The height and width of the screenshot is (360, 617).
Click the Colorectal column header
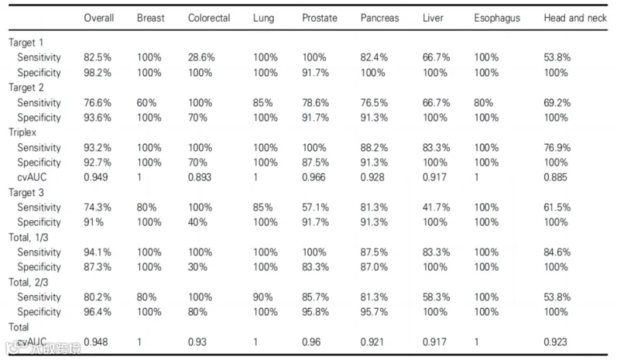point(209,18)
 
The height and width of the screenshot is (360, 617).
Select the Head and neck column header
point(575,18)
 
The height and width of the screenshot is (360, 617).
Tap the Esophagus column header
point(497,18)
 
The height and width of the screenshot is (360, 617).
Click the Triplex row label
point(23,132)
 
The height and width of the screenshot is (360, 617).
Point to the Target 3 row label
point(26,193)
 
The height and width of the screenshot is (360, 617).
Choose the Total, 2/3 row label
point(28,282)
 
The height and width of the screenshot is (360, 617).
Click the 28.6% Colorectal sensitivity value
point(202,58)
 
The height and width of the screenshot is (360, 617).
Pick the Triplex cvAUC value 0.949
point(95,178)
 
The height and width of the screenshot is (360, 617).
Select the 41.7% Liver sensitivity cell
point(436,207)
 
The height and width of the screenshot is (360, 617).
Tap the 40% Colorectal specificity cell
point(197,222)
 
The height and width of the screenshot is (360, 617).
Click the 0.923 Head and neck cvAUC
point(555,342)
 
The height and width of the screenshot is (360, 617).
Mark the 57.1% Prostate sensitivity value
point(315,207)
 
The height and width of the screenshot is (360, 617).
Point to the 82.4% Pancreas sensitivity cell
point(374,58)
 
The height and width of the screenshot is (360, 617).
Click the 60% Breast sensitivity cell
point(147,103)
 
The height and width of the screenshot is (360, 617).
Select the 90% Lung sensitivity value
point(263,297)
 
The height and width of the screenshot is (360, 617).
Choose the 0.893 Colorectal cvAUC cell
point(199,178)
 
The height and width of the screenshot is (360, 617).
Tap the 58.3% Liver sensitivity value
point(436,297)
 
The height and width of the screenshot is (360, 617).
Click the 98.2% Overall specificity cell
point(97,73)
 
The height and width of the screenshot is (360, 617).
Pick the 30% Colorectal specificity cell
point(197,267)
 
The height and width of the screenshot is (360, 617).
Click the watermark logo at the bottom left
point(43,347)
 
